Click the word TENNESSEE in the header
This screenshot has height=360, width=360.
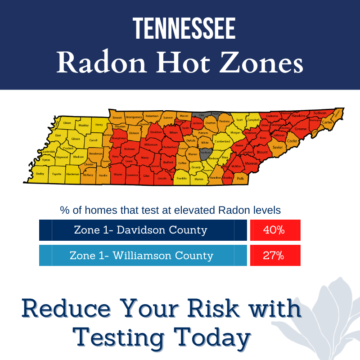click(184, 29)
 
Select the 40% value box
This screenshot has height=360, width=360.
click(275, 230)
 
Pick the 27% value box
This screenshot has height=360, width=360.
click(275, 256)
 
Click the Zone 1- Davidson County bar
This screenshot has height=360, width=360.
click(143, 230)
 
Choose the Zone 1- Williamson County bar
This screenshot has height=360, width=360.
click(143, 256)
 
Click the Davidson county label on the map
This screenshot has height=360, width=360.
click(156, 132)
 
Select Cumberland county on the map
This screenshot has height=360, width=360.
click(222, 141)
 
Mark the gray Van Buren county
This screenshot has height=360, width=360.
click(206, 153)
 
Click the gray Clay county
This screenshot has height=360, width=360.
click(201, 116)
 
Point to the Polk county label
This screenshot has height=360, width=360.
click(240, 179)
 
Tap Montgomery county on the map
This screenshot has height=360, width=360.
click(134, 117)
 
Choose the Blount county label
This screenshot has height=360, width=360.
click(262, 153)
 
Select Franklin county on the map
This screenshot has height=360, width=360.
click(182, 178)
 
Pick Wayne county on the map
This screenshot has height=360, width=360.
click(118, 174)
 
